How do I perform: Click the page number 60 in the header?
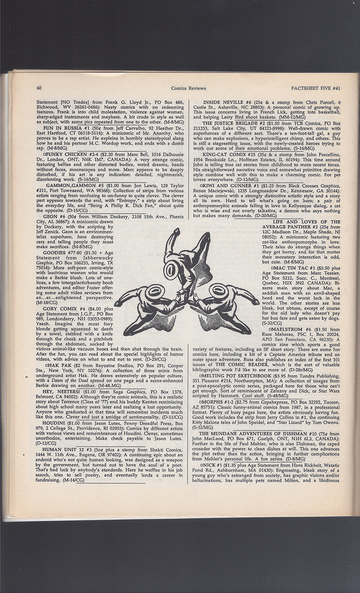[40, 88]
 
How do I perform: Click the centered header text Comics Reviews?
[188, 88]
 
